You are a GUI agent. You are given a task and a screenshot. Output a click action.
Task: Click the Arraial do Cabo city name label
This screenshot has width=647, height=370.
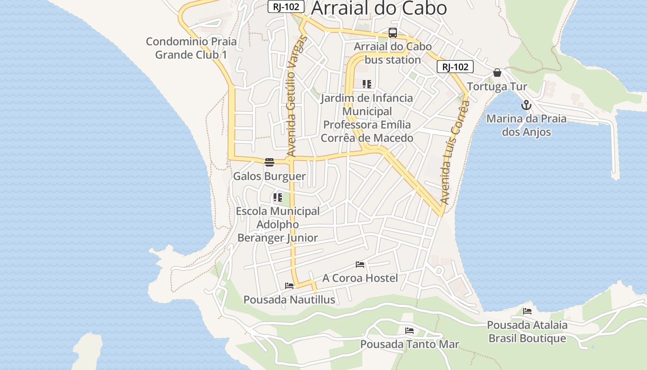pyautogui.click(x=379, y=8)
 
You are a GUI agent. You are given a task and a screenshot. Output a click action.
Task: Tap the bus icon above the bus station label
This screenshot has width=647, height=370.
pyautogui.click(x=392, y=33)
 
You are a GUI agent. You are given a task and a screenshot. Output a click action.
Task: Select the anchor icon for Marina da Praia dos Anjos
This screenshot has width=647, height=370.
pyautogui.click(x=526, y=105)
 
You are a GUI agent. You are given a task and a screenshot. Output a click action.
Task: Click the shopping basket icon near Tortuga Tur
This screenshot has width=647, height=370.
pyautogui.click(x=497, y=73)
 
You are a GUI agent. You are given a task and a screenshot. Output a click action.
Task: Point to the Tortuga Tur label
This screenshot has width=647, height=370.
pyautogui.click(x=497, y=86)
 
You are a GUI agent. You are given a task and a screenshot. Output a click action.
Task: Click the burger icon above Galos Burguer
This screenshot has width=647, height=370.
pyautogui.click(x=269, y=162)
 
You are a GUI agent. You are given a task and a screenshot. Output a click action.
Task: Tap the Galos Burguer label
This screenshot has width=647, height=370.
pyautogui.click(x=269, y=176)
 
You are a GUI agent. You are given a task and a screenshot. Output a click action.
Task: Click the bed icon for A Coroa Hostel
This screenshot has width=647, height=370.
pyautogui.click(x=360, y=265)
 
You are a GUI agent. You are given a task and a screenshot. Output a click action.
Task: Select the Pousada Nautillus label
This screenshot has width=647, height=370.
pyautogui.click(x=289, y=300)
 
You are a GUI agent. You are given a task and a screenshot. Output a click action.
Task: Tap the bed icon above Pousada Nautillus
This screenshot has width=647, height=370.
pyautogui.click(x=289, y=286)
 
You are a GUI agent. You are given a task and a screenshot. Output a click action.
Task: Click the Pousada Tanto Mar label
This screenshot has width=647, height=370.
pyautogui.click(x=409, y=345)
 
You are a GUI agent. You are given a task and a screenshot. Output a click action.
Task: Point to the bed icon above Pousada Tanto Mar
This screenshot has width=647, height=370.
pyautogui.click(x=409, y=331)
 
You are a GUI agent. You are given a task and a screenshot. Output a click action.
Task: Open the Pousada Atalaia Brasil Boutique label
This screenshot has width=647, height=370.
pyautogui.click(x=527, y=332)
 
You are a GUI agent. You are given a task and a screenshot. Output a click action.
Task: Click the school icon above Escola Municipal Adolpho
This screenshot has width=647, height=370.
pyautogui.click(x=277, y=197)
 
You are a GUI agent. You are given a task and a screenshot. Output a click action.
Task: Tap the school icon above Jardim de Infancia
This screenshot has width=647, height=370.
pyautogui.click(x=367, y=84)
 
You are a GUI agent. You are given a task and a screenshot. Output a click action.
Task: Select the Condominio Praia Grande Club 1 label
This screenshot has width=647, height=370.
pyautogui.click(x=191, y=48)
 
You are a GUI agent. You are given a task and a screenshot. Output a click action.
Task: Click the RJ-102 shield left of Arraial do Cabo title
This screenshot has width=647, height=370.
pyautogui.click(x=286, y=6)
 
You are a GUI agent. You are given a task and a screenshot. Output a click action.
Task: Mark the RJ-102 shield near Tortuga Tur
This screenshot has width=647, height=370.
pyautogui.click(x=455, y=67)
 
